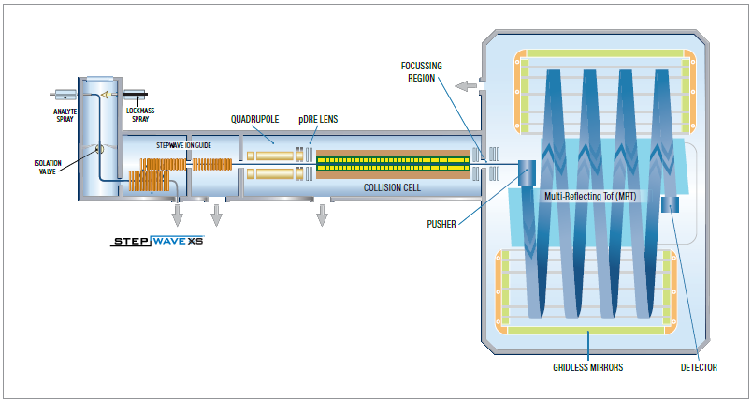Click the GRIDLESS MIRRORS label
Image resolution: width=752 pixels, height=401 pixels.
point(588,367)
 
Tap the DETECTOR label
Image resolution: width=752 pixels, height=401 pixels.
point(698,367)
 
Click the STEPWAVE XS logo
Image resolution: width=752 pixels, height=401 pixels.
point(157,241)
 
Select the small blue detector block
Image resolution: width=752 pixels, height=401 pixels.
point(671,204)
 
